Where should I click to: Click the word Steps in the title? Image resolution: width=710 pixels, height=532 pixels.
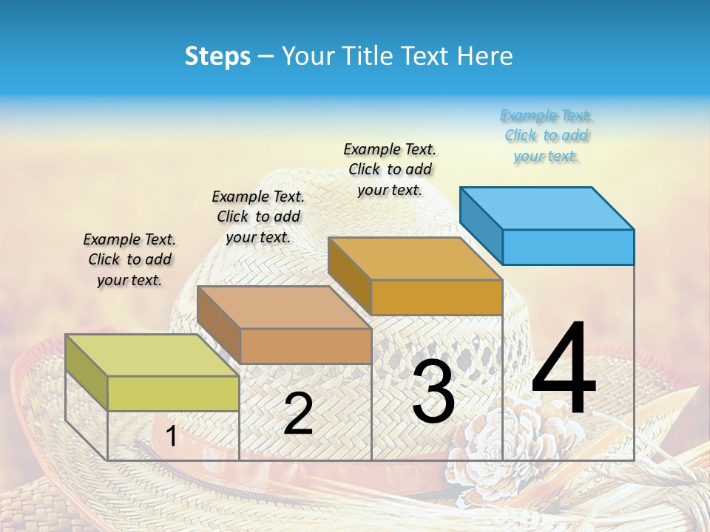coord(217,56)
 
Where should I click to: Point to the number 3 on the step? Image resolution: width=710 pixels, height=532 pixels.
coord(433,392)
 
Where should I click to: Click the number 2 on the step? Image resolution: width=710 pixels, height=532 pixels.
coord(298,414)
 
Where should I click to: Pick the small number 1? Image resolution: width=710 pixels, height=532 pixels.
coord(171,437)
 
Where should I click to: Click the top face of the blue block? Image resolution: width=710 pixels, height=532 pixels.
coord(546,208)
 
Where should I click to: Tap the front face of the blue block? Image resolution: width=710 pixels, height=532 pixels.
coord(568,247)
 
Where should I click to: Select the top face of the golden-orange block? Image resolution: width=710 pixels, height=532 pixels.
coord(414,259)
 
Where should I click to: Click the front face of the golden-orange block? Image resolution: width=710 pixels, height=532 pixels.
coord(436,298)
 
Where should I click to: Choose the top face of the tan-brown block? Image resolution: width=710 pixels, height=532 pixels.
coord(283,307)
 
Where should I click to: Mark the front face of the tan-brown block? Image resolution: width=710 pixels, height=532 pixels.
coord(305,346)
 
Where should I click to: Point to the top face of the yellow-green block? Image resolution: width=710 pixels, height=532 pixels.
coord(152,355)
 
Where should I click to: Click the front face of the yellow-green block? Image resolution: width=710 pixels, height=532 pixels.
coord(173,393)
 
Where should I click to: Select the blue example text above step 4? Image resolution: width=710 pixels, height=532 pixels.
coord(547,136)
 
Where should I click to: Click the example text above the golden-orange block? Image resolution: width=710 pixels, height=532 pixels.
coord(390,169)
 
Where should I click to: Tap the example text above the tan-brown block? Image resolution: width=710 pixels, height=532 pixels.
coord(258,216)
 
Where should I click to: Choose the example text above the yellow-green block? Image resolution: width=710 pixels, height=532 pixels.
coord(129,259)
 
